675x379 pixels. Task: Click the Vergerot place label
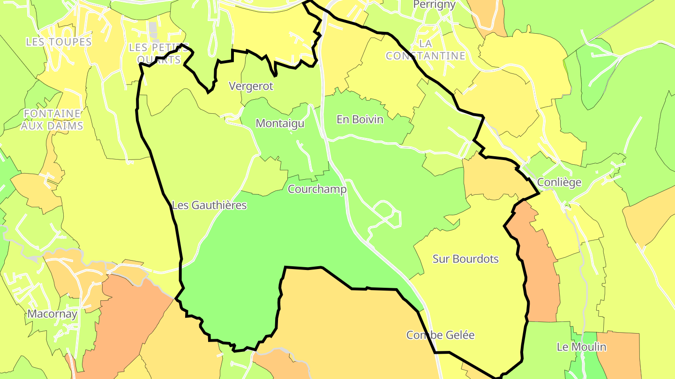coord(251,86)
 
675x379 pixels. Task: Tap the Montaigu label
coord(280,124)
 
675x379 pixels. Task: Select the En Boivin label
coord(360,119)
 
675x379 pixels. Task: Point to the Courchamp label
coord(317,189)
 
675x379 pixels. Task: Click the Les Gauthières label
coord(209,205)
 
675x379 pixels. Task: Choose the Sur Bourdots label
coord(465,259)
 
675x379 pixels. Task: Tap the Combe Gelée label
coord(440,335)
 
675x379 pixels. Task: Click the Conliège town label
coord(559,182)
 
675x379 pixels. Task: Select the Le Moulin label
coord(581,347)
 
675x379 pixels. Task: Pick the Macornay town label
coord(52,313)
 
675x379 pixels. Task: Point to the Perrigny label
coord(435,5)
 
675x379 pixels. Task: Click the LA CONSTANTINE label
coord(425,50)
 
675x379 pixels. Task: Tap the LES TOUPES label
coord(59,42)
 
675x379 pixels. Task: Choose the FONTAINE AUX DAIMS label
coord(52,119)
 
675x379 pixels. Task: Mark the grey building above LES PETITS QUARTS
coord(153,29)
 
